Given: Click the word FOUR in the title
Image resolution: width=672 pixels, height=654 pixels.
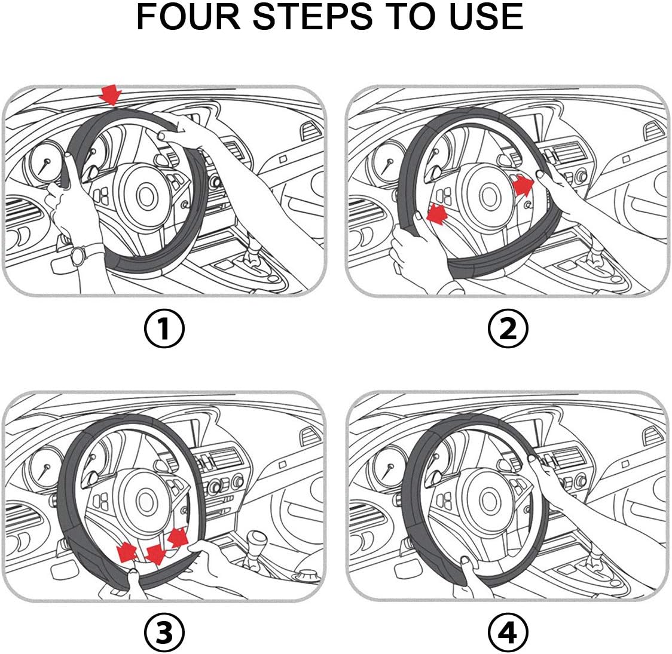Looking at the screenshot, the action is click(188, 17).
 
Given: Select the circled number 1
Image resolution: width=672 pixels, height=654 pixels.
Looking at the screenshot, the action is click(164, 328).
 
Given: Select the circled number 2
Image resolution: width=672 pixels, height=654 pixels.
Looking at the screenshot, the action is click(508, 328).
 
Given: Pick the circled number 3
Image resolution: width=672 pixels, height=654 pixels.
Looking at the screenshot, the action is click(164, 632).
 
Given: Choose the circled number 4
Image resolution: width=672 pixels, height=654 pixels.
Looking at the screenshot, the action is click(508, 632).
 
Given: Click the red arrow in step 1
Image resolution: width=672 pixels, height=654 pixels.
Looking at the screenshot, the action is click(111, 94).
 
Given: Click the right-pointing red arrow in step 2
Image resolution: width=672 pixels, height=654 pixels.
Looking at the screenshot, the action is click(523, 185).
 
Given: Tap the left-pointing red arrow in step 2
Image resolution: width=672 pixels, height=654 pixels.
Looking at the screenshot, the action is click(438, 213).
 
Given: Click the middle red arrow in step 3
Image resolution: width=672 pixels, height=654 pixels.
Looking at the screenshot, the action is click(155, 555).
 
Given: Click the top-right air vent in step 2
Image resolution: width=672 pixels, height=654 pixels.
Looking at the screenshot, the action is click(653, 131).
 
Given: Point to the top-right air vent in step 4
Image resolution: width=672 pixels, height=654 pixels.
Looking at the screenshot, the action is click(653, 435).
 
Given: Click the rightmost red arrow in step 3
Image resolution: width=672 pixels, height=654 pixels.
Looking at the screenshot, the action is click(178, 537).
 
